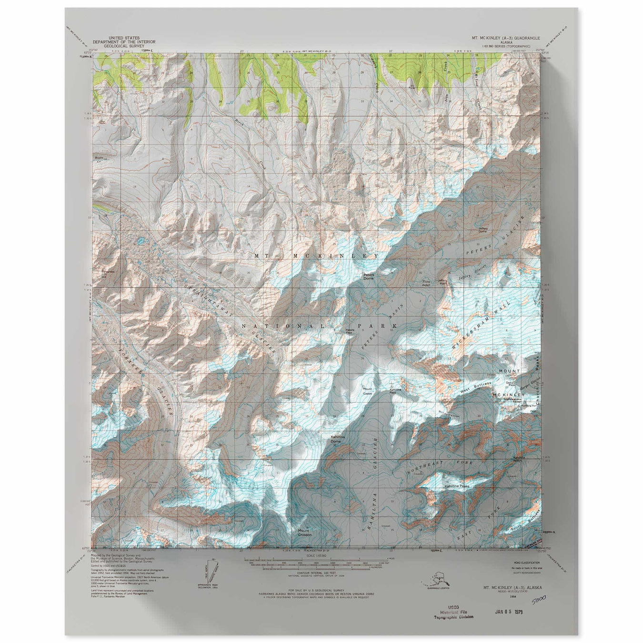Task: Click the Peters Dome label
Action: click(369, 276)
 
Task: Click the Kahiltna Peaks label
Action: click(456, 486)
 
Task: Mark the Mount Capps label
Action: click(367, 392)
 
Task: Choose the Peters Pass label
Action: click(350, 331)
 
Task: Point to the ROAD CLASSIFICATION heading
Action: click(524, 563)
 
